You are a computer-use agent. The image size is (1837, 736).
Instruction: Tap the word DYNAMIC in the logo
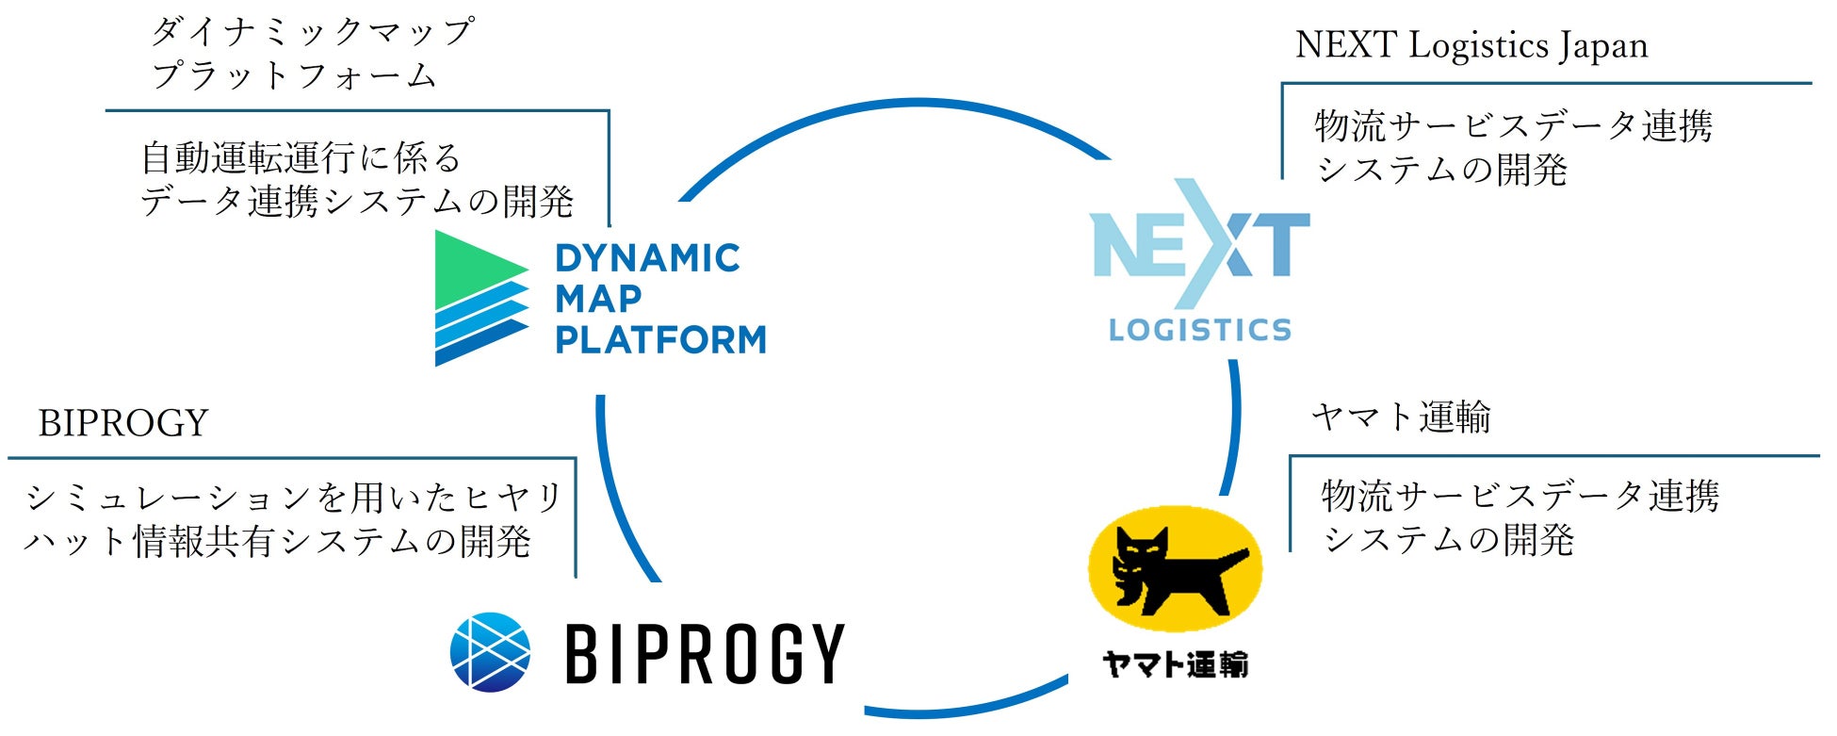click(x=647, y=258)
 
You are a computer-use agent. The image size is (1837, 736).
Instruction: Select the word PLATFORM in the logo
click(x=660, y=339)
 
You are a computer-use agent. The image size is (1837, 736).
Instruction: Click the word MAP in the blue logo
click(x=598, y=299)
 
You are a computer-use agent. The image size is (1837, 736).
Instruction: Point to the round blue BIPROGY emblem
click(x=490, y=652)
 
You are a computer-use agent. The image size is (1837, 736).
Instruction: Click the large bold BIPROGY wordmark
click(x=705, y=653)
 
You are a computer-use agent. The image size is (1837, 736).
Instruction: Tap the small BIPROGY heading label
click(x=122, y=423)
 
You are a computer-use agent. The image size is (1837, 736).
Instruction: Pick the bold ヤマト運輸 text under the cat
click(x=1175, y=664)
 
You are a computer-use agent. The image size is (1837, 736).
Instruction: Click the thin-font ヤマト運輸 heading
click(x=1401, y=417)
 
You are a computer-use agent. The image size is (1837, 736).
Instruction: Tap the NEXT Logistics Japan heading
click(x=1471, y=45)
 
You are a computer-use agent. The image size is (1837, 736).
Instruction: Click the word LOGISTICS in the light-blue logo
click(x=1199, y=330)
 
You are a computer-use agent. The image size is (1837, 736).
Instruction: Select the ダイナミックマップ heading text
click(x=311, y=32)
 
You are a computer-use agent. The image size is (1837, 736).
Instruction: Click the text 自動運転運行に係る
click(x=301, y=157)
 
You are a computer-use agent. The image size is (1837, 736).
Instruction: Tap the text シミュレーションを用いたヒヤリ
click(x=293, y=498)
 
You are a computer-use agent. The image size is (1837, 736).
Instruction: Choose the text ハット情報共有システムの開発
click(x=278, y=542)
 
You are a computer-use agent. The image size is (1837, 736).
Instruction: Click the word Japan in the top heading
click(x=1602, y=45)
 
